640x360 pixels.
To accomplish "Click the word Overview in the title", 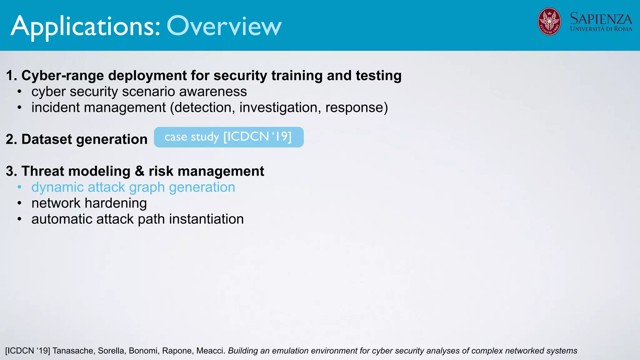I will pyautogui.click(x=224, y=26).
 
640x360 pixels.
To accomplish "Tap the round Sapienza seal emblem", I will pyautogui.click(x=549, y=22).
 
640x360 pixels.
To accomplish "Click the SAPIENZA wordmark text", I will pyautogui.click(x=601, y=19).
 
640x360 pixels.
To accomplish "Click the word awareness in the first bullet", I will pyautogui.click(x=213, y=92).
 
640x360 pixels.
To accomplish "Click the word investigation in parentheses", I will pyautogui.click(x=280, y=107).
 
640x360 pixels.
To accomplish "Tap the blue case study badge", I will pyautogui.click(x=228, y=137).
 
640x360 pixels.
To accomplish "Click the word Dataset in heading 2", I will pyautogui.click(x=47, y=139).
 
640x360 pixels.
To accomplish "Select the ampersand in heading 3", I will pyautogui.click(x=139, y=171).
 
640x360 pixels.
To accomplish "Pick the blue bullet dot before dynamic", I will pyautogui.click(x=19, y=187).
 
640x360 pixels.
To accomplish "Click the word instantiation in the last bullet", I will pyautogui.click(x=206, y=219).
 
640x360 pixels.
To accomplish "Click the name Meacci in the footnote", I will pyautogui.click(x=211, y=351).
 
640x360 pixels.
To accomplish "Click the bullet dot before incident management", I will pyautogui.click(x=19, y=107).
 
